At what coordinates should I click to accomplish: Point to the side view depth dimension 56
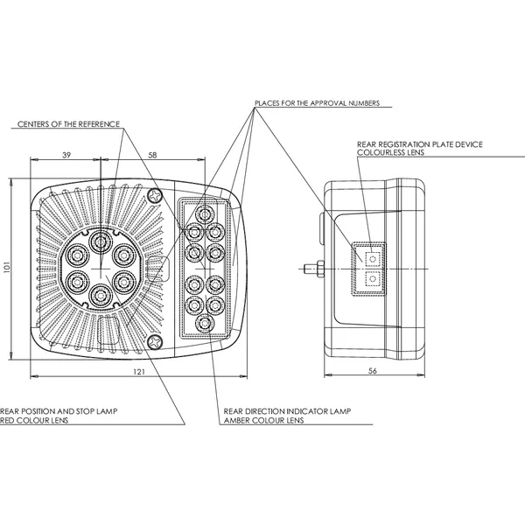coord(372,372)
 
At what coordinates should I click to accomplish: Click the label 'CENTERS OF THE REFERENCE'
coord(68,124)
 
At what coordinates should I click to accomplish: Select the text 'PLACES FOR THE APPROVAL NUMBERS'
coord(317,102)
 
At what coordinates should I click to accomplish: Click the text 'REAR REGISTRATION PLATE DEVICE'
coord(420,143)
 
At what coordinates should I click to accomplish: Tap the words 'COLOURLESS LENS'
coord(390,151)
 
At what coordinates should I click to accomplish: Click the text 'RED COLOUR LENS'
coord(33,420)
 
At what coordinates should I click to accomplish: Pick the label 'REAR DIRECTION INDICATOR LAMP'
coord(286,410)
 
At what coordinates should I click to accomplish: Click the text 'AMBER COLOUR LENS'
coord(263,420)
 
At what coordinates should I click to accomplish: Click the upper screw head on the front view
coord(157,194)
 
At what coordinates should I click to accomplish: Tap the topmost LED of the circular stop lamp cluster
coord(101,241)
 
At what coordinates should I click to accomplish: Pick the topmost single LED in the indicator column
coord(204,213)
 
